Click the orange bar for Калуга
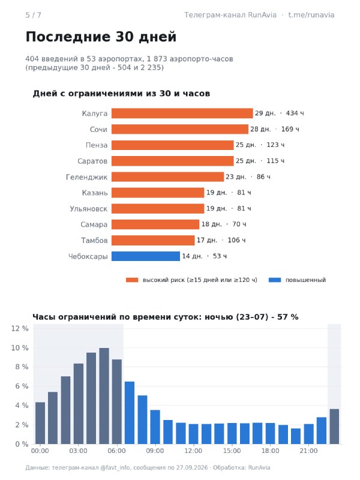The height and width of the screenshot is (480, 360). tap(182, 113)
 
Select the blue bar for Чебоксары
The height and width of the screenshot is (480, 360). tap(146, 256)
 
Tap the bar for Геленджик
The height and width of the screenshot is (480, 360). tap(167, 177)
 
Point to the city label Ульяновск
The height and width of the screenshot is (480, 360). tap(88, 209)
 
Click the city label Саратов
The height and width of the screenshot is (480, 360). tap(92, 161)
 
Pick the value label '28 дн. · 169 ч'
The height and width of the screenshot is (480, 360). tap(275, 129)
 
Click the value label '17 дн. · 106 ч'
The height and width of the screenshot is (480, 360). tap(221, 241)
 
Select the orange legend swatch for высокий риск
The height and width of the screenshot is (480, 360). tap(132, 280)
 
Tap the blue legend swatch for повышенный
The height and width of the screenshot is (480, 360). tap(275, 280)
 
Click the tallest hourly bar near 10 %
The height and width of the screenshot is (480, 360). tap(104, 396)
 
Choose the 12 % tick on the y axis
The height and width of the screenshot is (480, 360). tap(20, 328)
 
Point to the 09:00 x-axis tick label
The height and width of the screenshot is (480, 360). tap(155, 451)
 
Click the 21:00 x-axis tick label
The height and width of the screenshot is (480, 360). tap(308, 451)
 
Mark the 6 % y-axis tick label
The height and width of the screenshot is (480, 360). tap(22, 386)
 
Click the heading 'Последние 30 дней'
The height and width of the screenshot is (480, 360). tap(101, 37)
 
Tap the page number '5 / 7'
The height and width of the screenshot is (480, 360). tap(34, 15)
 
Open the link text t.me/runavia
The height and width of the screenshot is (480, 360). tap(311, 15)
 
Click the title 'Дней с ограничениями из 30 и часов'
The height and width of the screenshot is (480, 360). tap(122, 94)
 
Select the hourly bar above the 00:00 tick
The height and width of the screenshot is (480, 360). tap(40, 423)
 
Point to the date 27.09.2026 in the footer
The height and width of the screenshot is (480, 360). tap(192, 468)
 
